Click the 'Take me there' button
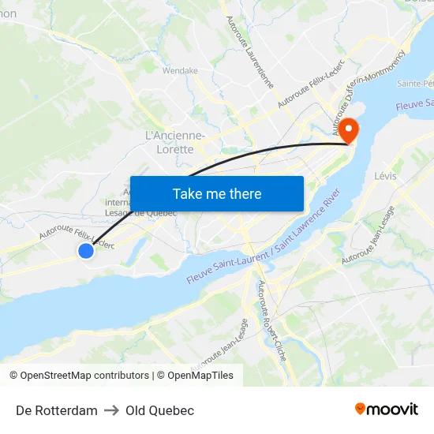click(217, 193)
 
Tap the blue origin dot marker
click(86, 250)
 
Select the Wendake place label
click(180, 70)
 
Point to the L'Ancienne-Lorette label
click(175, 142)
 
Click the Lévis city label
click(387, 175)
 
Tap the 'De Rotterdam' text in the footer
click(57, 410)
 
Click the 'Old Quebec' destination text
click(159, 410)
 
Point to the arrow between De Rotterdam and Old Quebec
click(111, 410)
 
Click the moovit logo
click(386, 409)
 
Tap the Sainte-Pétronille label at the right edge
click(417, 83)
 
